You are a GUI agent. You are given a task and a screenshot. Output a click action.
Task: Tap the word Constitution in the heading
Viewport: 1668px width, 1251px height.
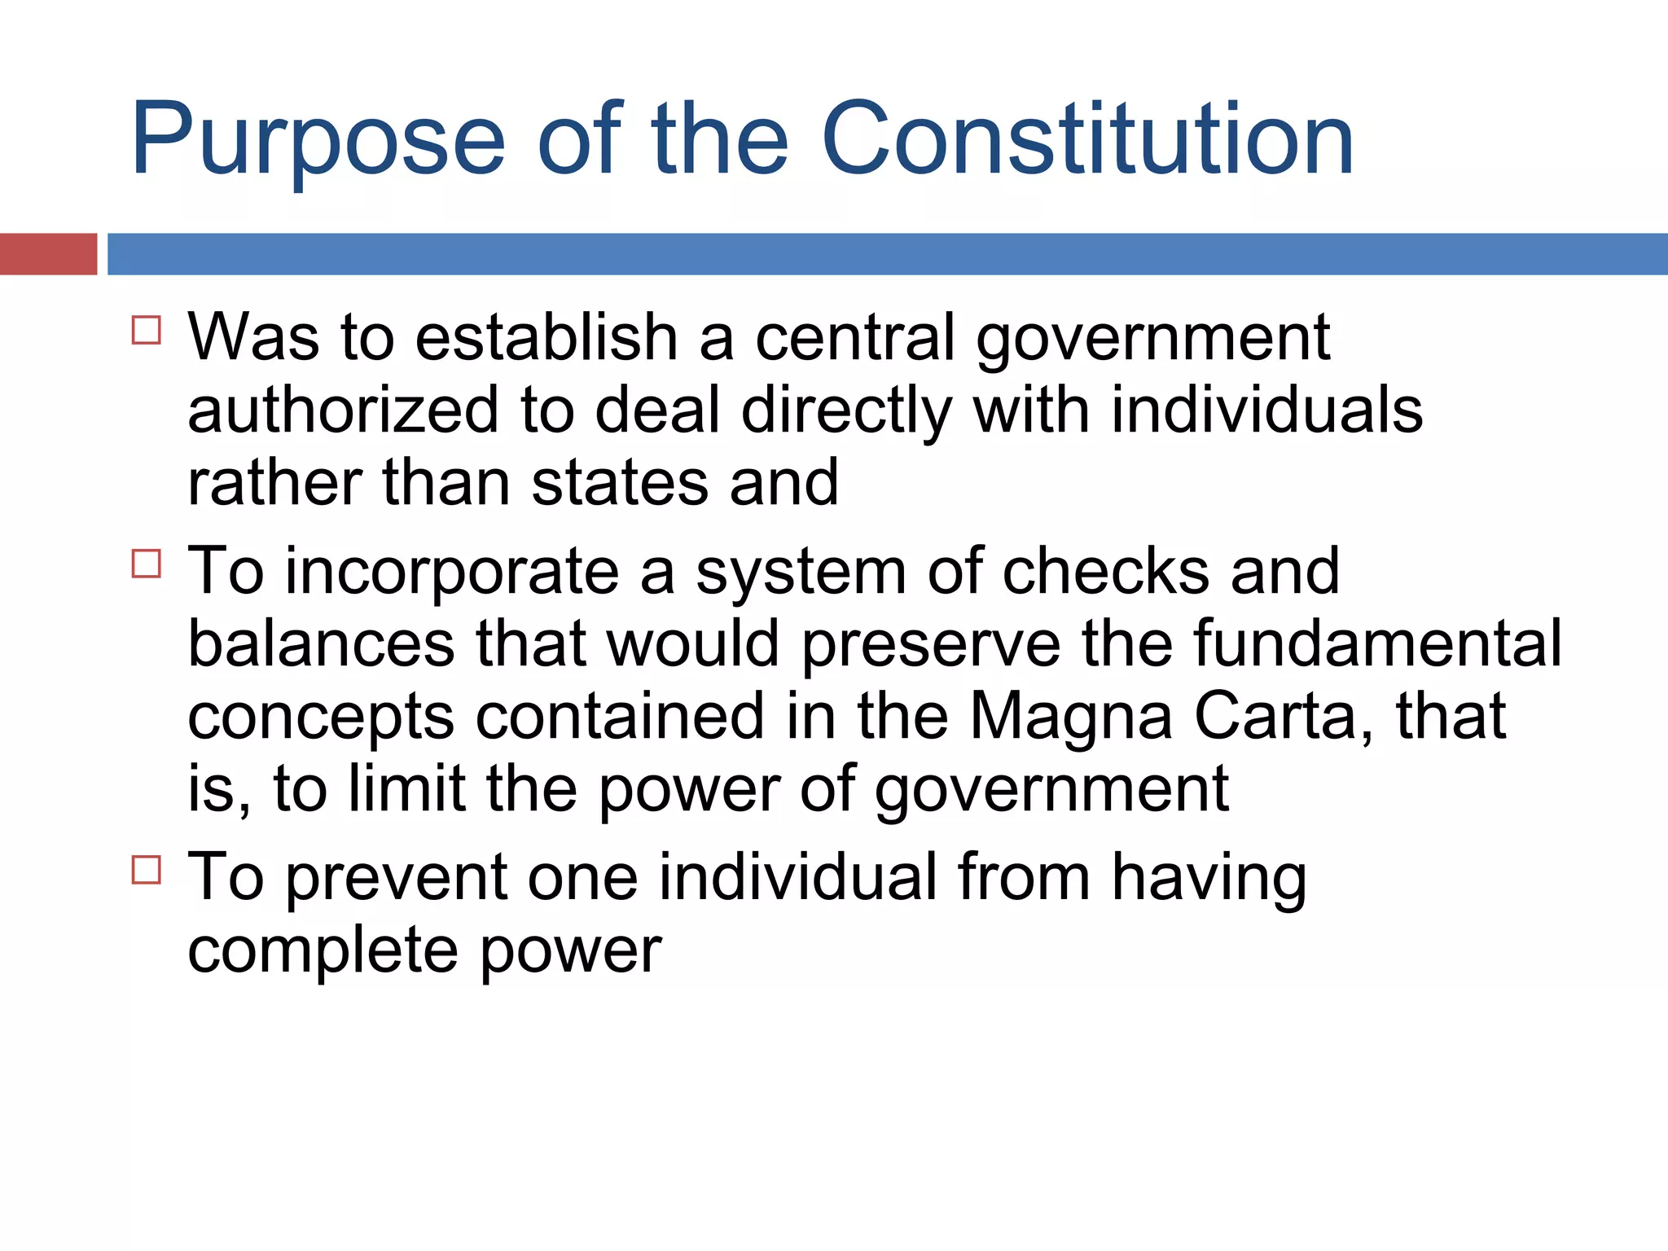click(1087, 138)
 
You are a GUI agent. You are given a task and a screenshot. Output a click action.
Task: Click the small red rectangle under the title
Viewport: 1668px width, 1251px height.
click(48, 254)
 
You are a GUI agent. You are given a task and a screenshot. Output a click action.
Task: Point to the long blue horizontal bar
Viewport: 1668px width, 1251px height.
click(887, 254)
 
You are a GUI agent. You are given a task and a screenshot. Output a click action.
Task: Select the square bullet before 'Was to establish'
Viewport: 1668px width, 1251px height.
click(147, 331)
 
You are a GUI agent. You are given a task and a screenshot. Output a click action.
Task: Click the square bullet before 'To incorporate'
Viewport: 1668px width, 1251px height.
click(147, 564)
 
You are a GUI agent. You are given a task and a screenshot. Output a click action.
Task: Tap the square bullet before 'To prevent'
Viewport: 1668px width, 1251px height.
click(147, 870)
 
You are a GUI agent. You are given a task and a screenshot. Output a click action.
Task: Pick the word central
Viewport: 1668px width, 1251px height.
click(855, 337)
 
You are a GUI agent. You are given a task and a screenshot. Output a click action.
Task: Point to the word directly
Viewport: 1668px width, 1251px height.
click(846, 411)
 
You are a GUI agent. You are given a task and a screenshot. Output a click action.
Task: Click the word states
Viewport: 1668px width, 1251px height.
click(620, 482)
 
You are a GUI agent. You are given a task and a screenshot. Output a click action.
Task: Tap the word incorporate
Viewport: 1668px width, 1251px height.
click(452, 573)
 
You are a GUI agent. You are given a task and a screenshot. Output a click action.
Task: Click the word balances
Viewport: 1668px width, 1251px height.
click(321, 643)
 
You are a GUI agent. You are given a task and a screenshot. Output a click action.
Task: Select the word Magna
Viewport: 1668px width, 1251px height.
click(1071, 718)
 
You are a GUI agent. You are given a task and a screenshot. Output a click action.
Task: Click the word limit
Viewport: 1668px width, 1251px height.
click(406, 788)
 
